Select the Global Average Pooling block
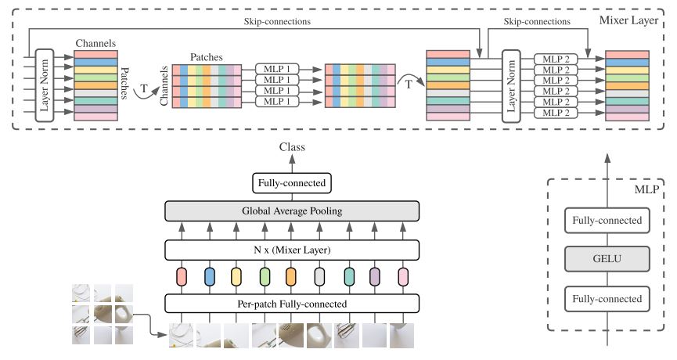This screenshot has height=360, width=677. click(291, 210)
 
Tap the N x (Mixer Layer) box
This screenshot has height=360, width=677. click(291, 250)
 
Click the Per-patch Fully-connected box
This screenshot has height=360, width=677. click(291, 303)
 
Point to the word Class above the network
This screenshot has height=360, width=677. click(291, 147)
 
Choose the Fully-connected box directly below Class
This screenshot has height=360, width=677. click(291, 184)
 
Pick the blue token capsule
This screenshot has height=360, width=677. click(209, 276)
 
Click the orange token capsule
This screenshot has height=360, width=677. click(290, 276)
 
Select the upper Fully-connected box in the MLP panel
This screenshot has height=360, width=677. click(607, 221)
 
